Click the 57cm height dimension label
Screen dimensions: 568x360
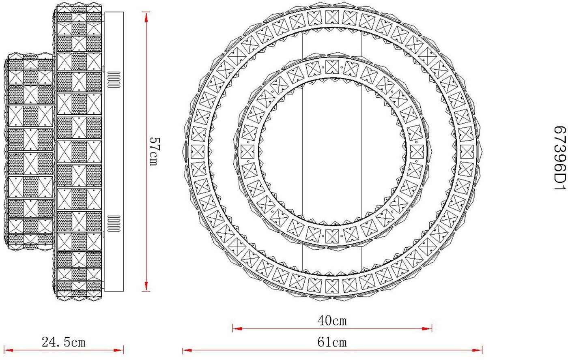coord(155,152)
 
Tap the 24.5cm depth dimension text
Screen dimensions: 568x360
coord(64,342)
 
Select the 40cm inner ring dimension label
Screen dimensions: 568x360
coord(332,321)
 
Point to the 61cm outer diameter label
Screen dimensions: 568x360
coord(332,342)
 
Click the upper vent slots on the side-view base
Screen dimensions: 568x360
coord(114,79)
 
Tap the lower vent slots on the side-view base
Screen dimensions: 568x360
coord(114,223)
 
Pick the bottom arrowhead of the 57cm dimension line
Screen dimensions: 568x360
coord(146,286)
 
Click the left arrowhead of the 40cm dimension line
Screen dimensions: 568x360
coord(237,329)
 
